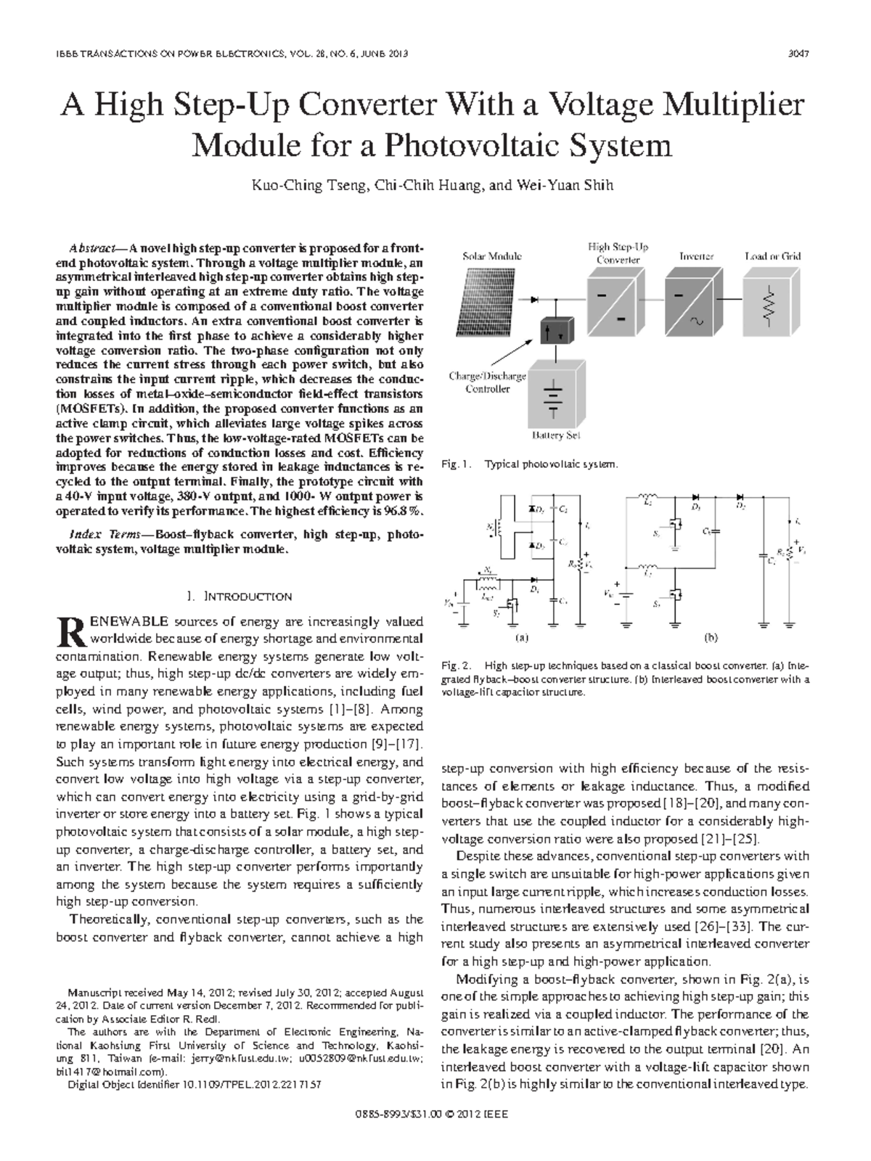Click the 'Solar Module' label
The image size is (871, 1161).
[492, 256]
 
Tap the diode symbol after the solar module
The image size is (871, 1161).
[536, 298]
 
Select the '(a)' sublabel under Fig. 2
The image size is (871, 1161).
[520, 639]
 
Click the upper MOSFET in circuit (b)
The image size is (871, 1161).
[677, 530]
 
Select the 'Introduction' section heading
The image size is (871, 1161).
[240, 596]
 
